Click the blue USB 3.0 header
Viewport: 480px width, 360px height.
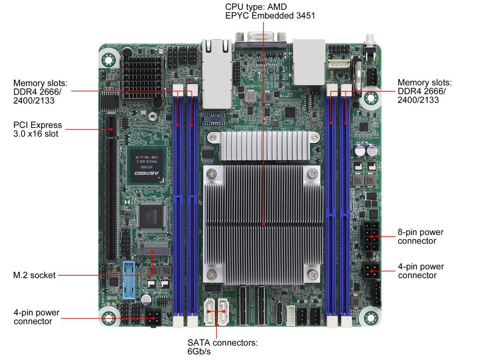129,280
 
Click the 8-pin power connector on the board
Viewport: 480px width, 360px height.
371,237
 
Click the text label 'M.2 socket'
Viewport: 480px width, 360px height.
34,275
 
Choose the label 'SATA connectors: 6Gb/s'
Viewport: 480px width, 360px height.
222,347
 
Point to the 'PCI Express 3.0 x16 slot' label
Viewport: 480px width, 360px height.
37,129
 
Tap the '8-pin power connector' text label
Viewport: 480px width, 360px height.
420,236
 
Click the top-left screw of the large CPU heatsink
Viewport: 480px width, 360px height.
212,173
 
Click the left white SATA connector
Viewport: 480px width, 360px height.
209,311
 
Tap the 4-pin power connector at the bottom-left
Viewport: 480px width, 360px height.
153,318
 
